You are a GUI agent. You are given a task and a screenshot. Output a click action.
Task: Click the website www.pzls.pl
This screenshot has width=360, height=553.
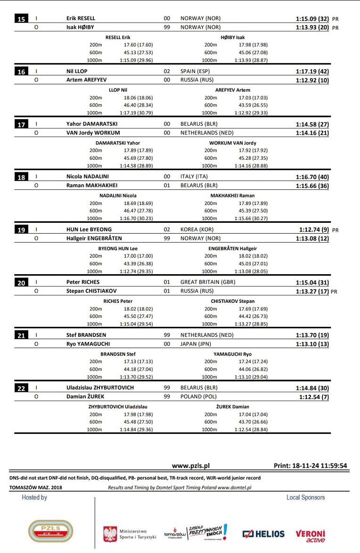[x=191, y=466]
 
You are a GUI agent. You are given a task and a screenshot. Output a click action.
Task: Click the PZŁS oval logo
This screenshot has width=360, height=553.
[x=44, y=530]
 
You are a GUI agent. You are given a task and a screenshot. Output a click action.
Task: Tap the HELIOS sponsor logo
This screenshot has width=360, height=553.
[x=263, y=534]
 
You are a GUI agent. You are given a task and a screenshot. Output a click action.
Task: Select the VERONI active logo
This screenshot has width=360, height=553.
[x=311, y=536]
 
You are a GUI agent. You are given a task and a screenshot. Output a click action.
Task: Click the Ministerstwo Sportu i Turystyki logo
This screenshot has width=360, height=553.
[x=130, y=533]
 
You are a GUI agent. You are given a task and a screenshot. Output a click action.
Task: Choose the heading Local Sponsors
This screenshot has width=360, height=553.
[x=305, y=497]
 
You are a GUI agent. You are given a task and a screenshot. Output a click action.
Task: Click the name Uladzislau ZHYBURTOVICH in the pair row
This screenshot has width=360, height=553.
[x=100, y=388]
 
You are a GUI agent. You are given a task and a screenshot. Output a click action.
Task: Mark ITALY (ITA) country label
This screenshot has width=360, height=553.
[x=194, y=177]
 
